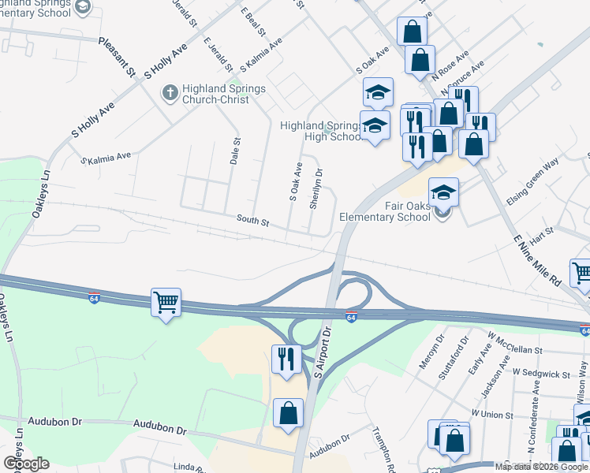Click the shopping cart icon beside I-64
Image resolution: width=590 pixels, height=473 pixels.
[166, 302]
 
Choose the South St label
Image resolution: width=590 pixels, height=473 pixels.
[255, 223]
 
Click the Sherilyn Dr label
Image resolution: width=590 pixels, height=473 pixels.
[317, 189]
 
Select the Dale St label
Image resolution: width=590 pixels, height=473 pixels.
[234, 150]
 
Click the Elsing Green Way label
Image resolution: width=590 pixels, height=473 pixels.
[533, 190]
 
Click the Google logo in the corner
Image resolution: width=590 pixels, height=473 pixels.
[26, 464]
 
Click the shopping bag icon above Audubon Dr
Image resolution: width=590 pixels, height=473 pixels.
[289, 412]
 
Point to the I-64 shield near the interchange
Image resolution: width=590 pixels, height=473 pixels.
[351, 317]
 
